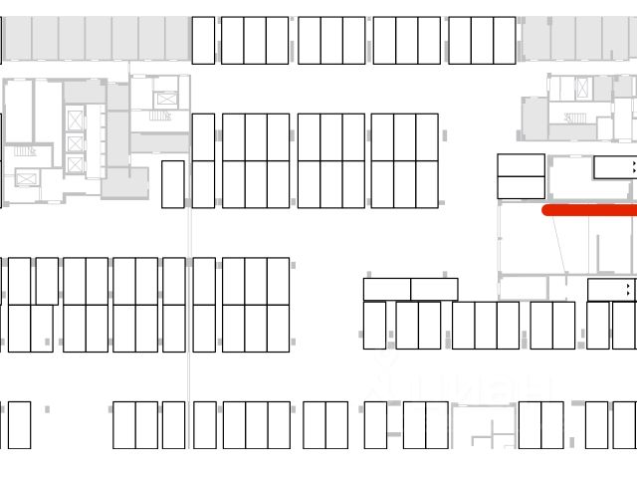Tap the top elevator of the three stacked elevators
pos(76,120)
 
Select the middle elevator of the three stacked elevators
pos(76,142)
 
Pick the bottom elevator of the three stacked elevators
pos(76,164)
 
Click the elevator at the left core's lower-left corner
pos(27,179)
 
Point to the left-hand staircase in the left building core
pos(24,151)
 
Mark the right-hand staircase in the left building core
pos(160,117)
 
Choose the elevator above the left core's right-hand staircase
pos(166,99)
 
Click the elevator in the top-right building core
pos(580,88)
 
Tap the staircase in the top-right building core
pos(575,119)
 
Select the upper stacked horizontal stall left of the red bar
pos(521,164)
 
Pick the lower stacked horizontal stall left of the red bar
pos(521,187)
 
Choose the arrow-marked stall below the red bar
pos(610,290)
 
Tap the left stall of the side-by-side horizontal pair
pos(387,290)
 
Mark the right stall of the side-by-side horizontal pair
pos(434,290)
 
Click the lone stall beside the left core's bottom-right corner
pos(172,184)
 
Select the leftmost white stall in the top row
pos(203,40)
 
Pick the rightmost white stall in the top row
pos(504,40)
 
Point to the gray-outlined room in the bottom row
pos(484,427)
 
